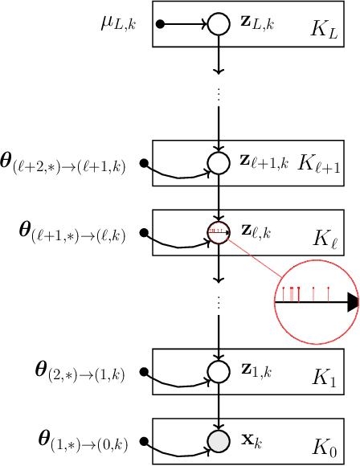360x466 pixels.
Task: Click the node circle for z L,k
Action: (219, 25)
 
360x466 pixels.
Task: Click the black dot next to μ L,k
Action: (160, 25)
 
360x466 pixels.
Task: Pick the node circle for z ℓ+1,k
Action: (219, 163)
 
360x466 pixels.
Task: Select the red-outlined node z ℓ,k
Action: (219, 232)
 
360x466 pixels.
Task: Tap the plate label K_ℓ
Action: (326, 239)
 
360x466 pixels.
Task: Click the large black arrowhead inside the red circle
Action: (352, 302)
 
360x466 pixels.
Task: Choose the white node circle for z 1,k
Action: (219, 370)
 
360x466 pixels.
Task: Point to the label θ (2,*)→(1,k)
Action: (83, 373)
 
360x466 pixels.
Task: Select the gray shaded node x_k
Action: (219, 439)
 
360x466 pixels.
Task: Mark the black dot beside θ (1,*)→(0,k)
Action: (145, 441)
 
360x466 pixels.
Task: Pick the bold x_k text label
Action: (252, 440)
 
